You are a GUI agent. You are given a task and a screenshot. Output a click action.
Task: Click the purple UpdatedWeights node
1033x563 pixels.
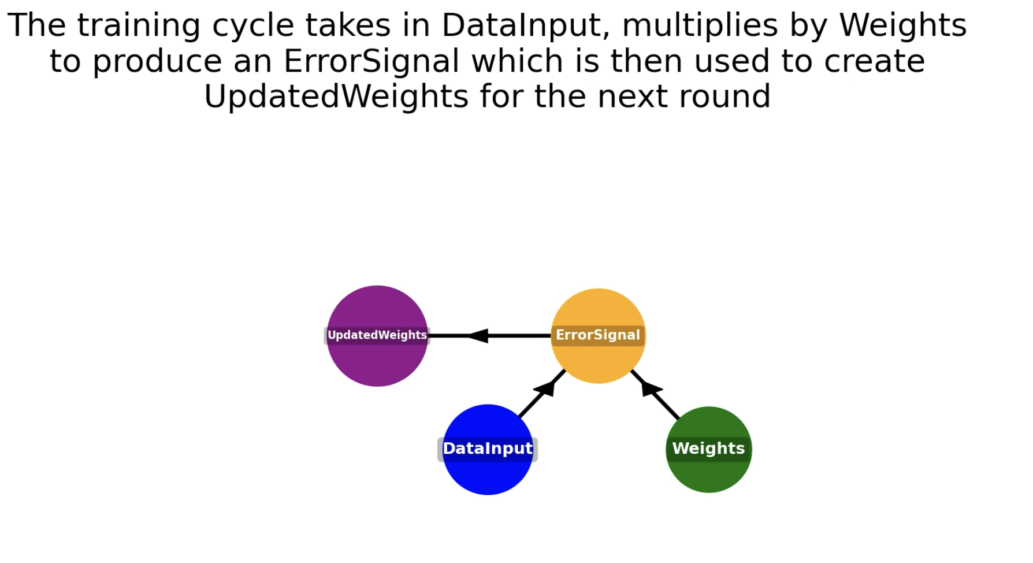(x=377, y=336)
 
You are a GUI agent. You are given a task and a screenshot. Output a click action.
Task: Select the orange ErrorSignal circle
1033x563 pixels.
(x=598, y=336)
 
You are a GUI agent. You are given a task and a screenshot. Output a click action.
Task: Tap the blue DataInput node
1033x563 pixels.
(x=488, y=450)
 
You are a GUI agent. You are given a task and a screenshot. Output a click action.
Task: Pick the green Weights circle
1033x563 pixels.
(x=709, y=450)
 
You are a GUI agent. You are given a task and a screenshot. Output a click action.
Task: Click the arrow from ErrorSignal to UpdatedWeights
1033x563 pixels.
(x=489, y=336)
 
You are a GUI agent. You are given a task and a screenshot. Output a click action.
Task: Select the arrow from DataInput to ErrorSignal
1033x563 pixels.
(x=542, y=393)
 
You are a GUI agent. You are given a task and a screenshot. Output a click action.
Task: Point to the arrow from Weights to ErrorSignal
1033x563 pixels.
(x=655, y=395)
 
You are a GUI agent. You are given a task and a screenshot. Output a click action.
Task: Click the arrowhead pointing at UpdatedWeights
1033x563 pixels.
(x=477, y=336)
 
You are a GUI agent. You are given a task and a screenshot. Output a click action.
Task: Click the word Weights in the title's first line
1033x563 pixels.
(x=903, y=25)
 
